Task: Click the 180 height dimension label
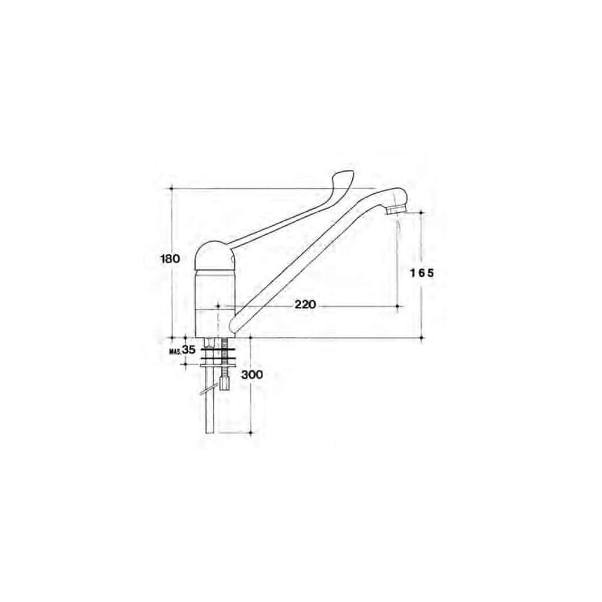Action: [x=170, y=259]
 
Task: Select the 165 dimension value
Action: [x=422, y=273]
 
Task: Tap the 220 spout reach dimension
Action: [x=305, y=305]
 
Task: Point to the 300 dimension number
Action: [x=252, y=374]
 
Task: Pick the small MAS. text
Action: [x=175, y=351]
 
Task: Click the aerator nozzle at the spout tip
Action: [x=396, y=210]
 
